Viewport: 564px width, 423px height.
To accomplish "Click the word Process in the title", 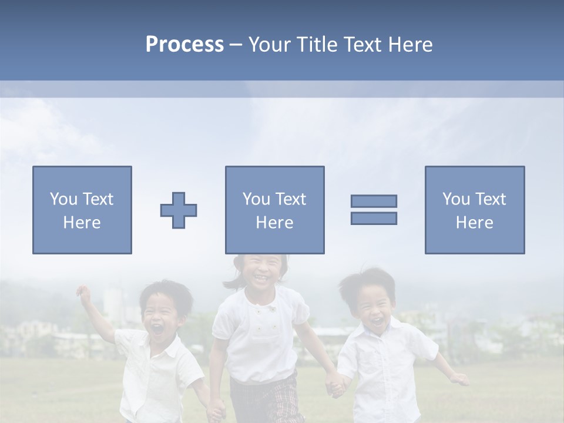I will pyautogui.click(x=184, y=45).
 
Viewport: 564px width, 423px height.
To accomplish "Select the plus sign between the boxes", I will pyautogui.click(x=179, y=210).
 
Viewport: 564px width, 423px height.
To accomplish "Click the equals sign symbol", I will pyautogui.click(x=374, y=210).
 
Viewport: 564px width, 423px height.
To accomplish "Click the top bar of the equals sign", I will pyautogui.click(x=374, y=202).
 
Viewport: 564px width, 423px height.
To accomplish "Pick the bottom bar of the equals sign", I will pyautogui.click(x=374, y=218).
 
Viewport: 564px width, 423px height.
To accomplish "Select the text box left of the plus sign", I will pyautogui.click(x=82, y=210).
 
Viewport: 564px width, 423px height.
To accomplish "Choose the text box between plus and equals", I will pyautogui.click(x=275, y=210).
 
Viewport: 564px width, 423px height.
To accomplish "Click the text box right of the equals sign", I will pyautogui.click(x=475, y=210).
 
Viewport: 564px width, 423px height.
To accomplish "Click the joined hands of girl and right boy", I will pyautogui.click(x=335, y=386).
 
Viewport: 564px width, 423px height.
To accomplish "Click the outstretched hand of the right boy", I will pyautogui.click(x=460, y=380).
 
